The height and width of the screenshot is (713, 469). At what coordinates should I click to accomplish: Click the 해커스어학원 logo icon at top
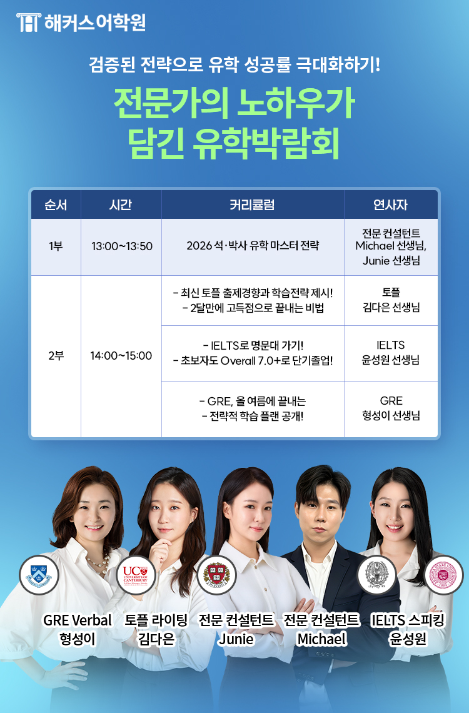click(x=28, y=23)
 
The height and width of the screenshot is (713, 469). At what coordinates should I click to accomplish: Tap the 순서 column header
click(x=56, y=205)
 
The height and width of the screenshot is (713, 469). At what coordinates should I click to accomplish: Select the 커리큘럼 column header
click(x=252, y=205)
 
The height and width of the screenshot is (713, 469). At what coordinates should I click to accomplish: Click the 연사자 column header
click(x=390, y=205)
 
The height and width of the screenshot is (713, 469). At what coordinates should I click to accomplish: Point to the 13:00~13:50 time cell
click(x=122, y=246)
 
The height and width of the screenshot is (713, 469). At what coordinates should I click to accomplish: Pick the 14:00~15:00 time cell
click(x=121, y=356)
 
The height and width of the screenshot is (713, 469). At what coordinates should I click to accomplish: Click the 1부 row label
click(x=56, y=246)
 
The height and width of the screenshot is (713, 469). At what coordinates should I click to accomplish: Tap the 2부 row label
click(x=56, y=356)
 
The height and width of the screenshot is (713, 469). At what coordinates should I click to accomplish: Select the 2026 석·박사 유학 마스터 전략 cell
click(x=253, y=246)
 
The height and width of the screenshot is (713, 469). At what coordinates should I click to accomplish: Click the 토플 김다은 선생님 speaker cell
click(x=391, y=300)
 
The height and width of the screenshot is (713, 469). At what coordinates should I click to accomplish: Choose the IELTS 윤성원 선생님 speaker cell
click(x=390, y=352)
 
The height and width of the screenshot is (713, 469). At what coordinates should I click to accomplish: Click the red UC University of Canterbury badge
click(x=136, y=574)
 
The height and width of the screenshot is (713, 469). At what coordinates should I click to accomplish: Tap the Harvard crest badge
click(x=216, y=574)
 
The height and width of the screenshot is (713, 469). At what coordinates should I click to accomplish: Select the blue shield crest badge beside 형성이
click(x=39, y=575)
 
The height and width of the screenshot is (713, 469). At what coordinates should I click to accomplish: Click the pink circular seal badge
click(x=443, y=574)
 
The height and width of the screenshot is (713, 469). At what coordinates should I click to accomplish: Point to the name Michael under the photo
click(x=321, y=639)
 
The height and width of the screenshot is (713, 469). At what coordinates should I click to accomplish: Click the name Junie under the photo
click(x=236, y=639)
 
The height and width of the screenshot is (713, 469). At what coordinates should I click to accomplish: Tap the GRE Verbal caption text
click(x=78, y=620)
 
